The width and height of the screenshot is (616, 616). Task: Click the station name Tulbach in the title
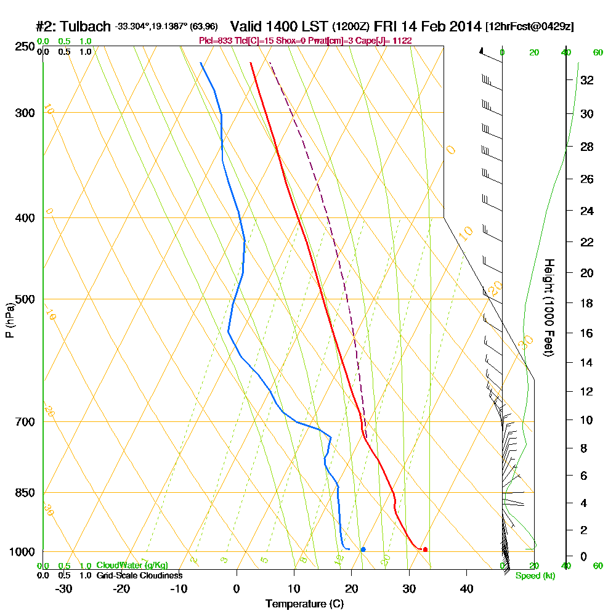[86, 26]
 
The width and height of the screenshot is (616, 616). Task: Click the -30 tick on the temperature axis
[64, 588]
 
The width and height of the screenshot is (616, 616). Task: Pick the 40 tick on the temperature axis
[466, 588]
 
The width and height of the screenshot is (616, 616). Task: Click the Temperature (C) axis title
[304, 604]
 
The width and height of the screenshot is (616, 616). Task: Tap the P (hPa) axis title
[9, 320]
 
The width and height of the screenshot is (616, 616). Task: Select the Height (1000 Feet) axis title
[548, 307]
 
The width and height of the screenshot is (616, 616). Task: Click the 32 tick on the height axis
[587, 80]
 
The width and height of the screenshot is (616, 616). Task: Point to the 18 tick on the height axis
[587, 303]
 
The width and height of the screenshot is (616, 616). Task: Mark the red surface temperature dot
[425, 549]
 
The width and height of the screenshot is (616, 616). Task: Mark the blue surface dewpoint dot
[363, 549]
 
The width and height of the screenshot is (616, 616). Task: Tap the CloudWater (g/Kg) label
[132, 565]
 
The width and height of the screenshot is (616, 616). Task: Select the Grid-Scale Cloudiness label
[139, 575]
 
